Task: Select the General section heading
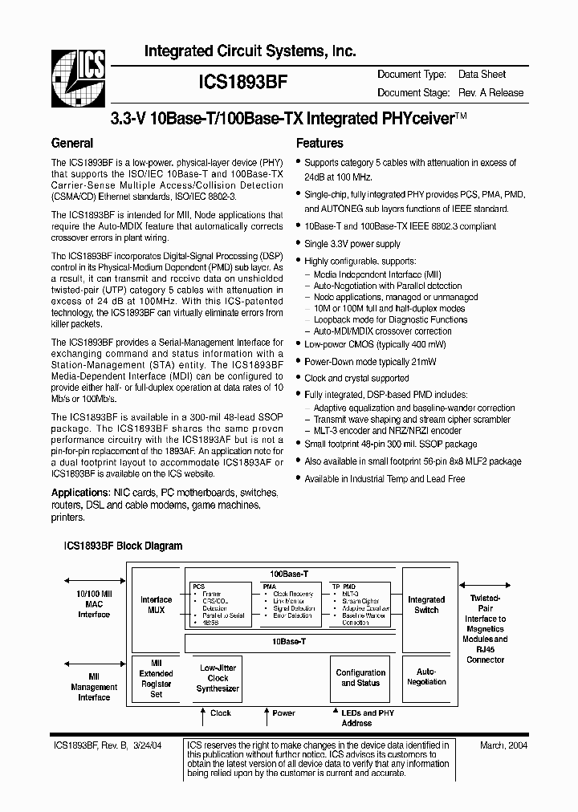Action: (72, 144)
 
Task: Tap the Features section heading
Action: (320, 144)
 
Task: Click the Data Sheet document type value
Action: (482, 75)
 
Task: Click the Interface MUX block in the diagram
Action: (156, 605)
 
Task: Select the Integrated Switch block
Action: (426, 605)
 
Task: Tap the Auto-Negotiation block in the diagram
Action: (426, 676)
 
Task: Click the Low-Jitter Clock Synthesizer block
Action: (218, 677)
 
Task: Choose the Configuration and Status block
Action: (360, 678)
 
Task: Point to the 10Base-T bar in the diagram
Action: (289, 643)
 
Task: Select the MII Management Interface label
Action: (93, 688)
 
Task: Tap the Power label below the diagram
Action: (283, 713)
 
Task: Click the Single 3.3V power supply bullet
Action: (352, 244)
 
